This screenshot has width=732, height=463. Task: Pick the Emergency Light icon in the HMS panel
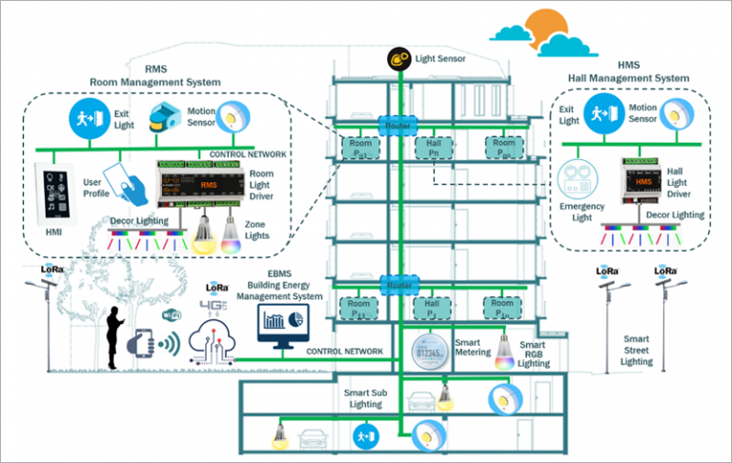577,184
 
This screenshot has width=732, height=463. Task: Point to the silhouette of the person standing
114,338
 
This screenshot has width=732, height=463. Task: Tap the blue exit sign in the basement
363,436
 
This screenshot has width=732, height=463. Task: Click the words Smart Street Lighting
636,350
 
